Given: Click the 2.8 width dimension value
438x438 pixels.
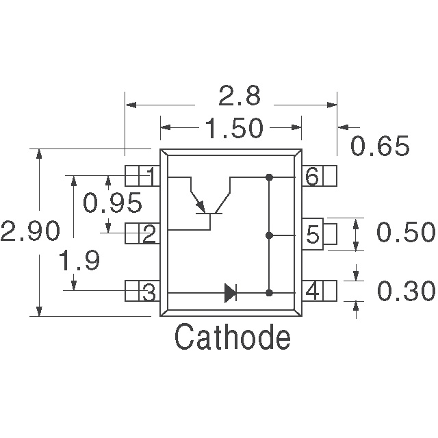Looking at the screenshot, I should tap(239, 96).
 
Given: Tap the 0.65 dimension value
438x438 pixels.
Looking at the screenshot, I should tap(380, 146).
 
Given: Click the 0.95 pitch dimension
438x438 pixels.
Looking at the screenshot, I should tap(112, 203).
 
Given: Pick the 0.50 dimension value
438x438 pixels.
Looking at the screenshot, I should tap(406, 233).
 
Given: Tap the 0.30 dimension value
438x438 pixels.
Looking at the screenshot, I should tap(406, 292).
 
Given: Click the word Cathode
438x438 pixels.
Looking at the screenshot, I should tap(232, 337).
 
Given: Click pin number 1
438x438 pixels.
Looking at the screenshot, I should tap(149, 178).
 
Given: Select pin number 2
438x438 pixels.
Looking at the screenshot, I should tap(149, 235).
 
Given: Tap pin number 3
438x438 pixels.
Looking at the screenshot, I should tap(149, 293).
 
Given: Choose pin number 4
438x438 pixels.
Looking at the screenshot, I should tap(312, 293).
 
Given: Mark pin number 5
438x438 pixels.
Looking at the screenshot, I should tap(312, 235).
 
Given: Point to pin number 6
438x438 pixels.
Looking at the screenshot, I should tap(312, 178).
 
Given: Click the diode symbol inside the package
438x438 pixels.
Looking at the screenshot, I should tap(230, 294).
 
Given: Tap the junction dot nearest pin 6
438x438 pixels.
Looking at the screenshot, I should tap(269, 178).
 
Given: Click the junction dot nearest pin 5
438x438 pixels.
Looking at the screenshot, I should tap(269, 235).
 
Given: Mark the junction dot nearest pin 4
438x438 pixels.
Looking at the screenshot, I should tap(269, 293).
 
